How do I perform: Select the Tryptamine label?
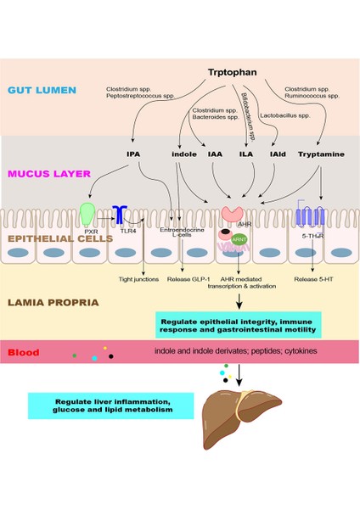point(319,155)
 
